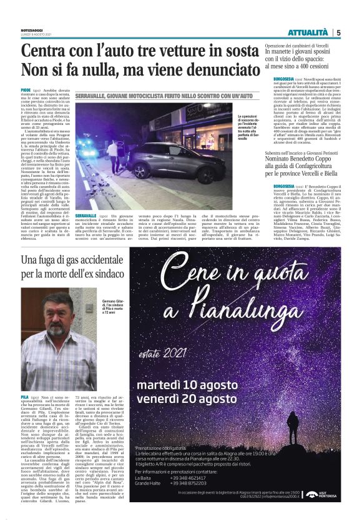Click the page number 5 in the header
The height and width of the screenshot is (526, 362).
(338, 32)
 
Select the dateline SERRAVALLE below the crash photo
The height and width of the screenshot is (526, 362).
(87, 197)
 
